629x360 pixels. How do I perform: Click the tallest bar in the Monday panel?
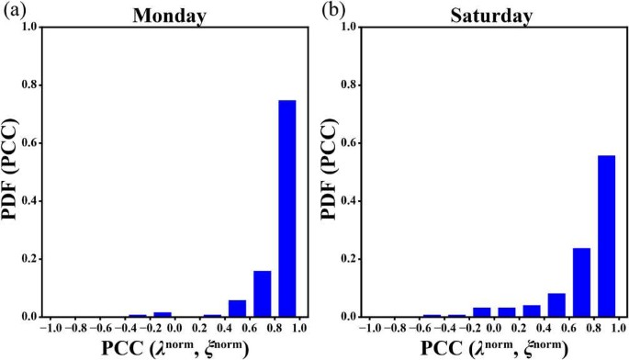(287, 208)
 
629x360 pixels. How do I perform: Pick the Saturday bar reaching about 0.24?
(581, 282)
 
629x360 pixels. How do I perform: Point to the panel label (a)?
(12, 11)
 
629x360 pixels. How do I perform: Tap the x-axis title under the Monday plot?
(167, 348)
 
